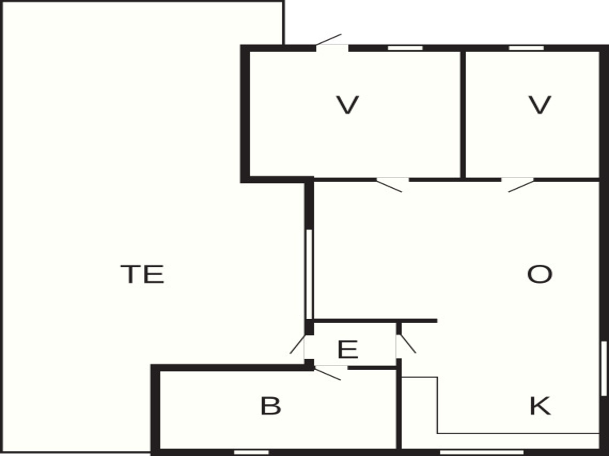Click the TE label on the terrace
[142, 274]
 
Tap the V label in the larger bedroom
[348, 105]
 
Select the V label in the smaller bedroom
[540, 105]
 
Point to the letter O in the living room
[540, 274]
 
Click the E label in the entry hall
[348, 349]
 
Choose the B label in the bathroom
[271, 406]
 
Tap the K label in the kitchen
[540, 406]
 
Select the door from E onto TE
[298, 347]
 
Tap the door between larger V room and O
[390, 185]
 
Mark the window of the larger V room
[405, 48]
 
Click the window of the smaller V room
[527, 48]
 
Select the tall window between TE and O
[309, 274]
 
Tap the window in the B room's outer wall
[252, 452]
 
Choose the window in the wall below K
[481, 452]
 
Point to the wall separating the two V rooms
[463, 114]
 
